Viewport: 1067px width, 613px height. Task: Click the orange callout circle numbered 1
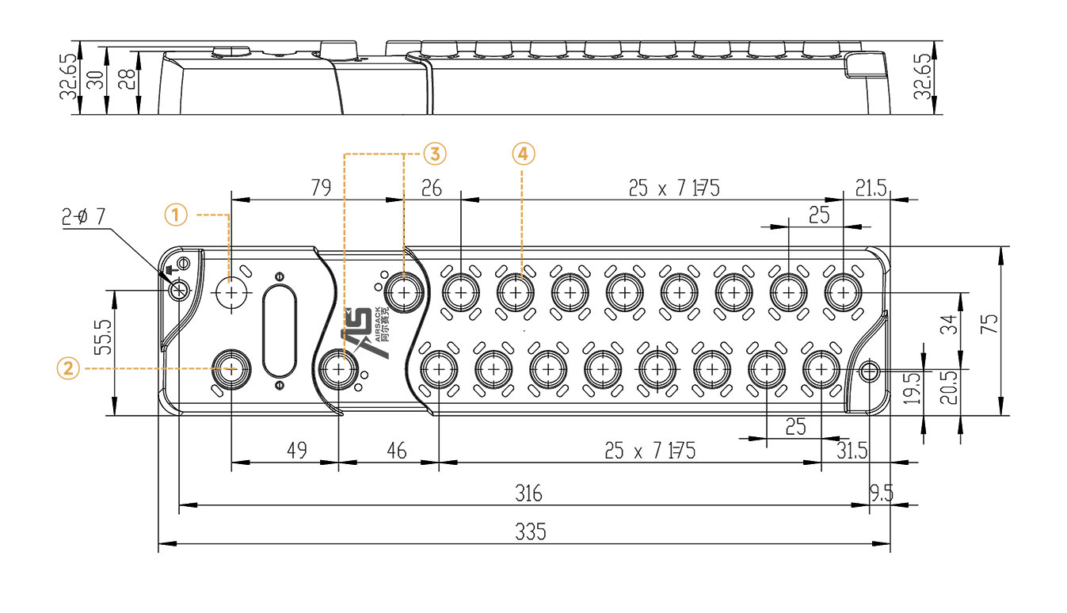177,213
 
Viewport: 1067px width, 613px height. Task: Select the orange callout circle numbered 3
435,153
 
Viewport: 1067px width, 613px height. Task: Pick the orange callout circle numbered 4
523,153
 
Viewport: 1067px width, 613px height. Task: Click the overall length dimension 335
530,531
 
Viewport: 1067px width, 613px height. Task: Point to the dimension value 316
528,493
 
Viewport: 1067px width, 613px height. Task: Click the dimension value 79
321,188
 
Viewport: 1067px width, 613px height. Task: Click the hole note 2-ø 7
84,217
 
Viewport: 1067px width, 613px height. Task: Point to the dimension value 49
297,451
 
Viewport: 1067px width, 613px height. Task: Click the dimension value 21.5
871,188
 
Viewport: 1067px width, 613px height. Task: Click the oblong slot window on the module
279,331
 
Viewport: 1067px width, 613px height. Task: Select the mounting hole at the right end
870,370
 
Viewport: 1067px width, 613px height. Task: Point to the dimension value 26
432,188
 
